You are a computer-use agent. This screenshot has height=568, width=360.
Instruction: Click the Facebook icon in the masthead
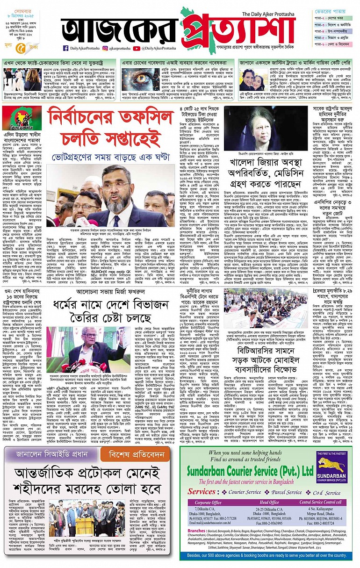click(66, 48)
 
